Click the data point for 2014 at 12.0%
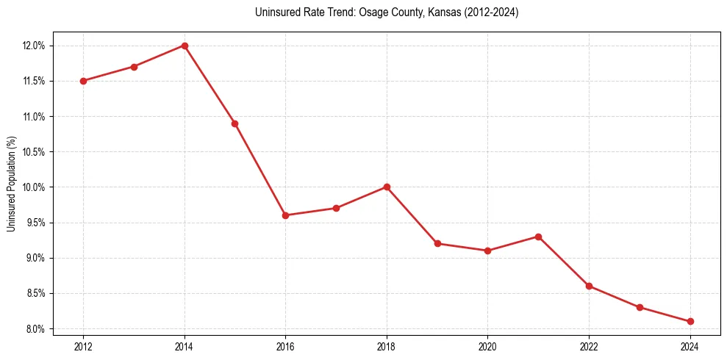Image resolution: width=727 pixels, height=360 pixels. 185,46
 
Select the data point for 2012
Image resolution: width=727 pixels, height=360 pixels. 83,81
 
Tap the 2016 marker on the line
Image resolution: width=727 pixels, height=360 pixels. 285,215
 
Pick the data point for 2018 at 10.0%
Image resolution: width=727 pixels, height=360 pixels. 387,187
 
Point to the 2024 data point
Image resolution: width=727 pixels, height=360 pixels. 690,321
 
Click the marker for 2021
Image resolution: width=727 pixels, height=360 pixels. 538,237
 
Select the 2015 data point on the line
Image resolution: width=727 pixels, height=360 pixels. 234,123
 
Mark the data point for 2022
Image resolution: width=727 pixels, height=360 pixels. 589,286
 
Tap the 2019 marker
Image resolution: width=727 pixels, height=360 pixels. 437,243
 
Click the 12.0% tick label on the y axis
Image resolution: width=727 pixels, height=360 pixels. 34,46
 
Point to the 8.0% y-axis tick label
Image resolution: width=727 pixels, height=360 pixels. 35,328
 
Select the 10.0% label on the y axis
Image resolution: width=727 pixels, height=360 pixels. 34,187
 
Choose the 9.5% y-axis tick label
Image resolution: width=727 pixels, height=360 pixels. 35,223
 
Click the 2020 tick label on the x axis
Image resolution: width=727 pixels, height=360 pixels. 487,346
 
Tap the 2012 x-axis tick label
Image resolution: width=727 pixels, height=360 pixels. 83,346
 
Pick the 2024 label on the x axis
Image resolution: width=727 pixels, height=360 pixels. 690,346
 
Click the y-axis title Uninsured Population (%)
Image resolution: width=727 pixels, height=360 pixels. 11,184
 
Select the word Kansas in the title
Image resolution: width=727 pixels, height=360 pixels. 434,12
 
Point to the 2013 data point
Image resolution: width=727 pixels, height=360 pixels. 134,67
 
